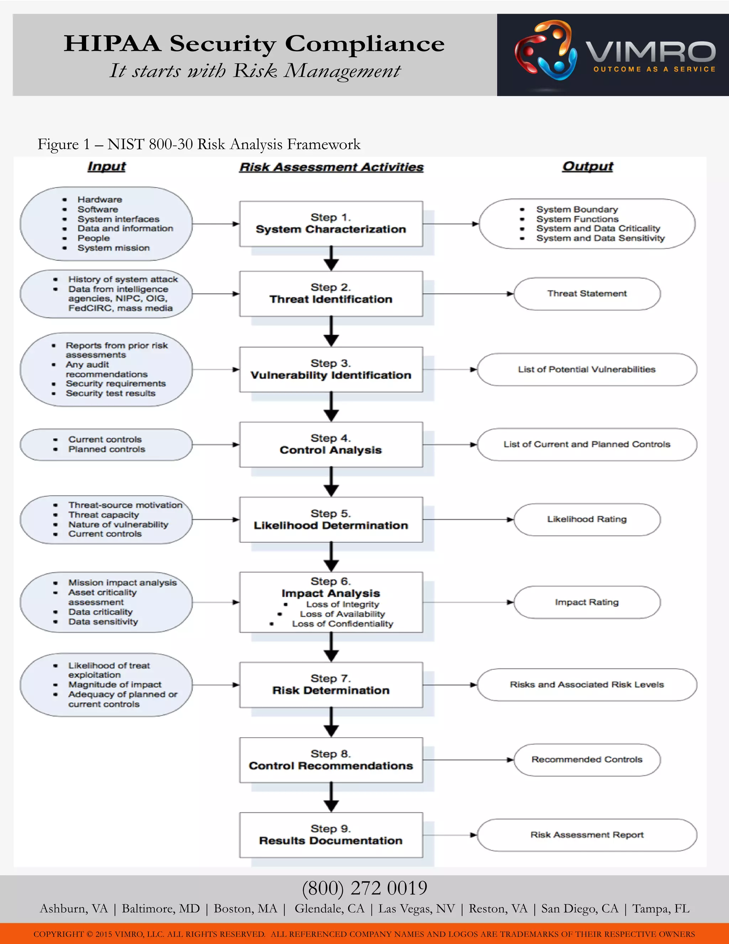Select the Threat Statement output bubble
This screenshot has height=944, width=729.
pyautogui.click(x=587, y=294)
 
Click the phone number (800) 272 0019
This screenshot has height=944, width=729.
pyautogui.click(x=364, y=888)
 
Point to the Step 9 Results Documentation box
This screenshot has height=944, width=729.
pyautogui.click(x=331, y=835)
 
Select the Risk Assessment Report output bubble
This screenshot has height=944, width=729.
pyautogui.click(x=587, y=835)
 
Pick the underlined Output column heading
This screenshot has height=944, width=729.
pyautogui.click(x=587, y=166)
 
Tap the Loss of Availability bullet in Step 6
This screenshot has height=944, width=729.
pyautogui.click(x=342, y=614)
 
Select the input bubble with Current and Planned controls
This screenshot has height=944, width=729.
pyautogui.click(x=106, y=444)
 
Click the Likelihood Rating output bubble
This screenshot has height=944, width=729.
pyautogui.click(x=587, y=519)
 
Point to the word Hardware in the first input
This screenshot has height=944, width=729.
pyautogui.click(x=100, y=199)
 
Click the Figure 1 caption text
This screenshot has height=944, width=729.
pyautogui.click(x=199, y=144)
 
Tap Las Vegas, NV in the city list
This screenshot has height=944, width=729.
pyautogui.click(x=416, y=909)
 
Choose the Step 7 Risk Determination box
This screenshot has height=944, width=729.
pyautogui.click(x=331, y=684)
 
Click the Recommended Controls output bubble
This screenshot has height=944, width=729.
pyautogui.click(x=587, y=759)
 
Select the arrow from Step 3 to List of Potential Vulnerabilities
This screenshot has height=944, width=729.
pyautogui.click(x=450, y=369)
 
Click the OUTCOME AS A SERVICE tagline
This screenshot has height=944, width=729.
pyautogui.click(x=654, y=69)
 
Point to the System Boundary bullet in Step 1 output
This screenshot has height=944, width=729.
pyautogui.click(x=577, y=209)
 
